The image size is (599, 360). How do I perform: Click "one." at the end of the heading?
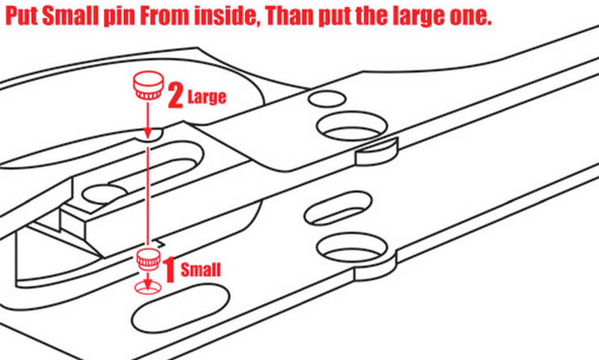point(470,16)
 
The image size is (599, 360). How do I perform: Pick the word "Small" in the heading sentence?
point(70,16)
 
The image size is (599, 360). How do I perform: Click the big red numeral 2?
point(175,97)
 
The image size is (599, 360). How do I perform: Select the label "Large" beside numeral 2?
point(207,97)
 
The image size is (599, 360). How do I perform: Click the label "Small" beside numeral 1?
point(201,269)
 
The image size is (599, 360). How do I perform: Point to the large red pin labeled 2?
point(148,85)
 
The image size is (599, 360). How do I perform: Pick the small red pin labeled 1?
point(148,260)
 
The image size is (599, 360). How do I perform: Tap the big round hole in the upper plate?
point(352,126)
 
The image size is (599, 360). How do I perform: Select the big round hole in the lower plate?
point(352,247)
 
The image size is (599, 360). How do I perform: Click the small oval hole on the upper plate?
point(327,99)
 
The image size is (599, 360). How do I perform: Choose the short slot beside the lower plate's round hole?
point(338,208)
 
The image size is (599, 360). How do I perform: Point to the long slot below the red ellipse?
point(180,308)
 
